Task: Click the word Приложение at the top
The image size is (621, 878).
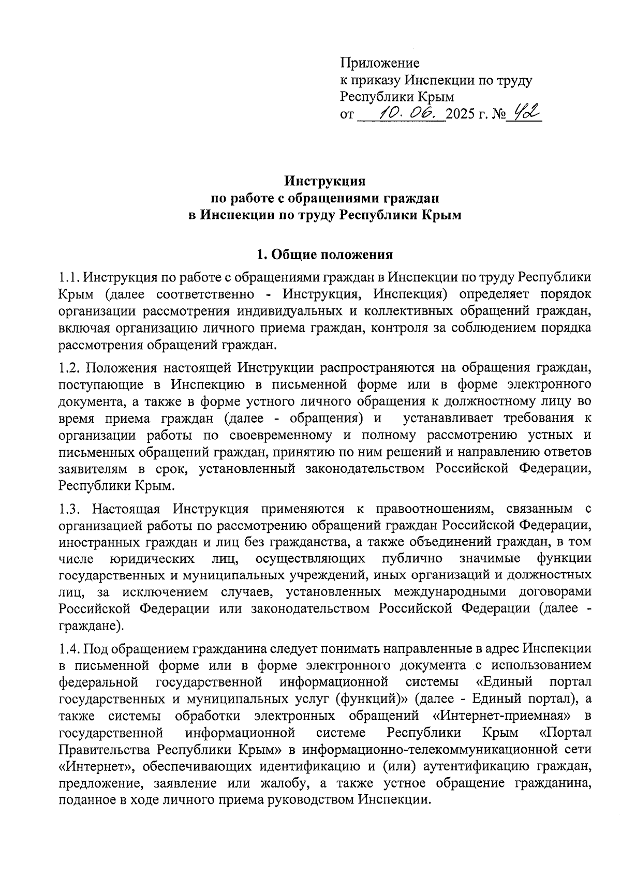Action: click(379, 63)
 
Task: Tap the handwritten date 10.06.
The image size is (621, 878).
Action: click(409, 112)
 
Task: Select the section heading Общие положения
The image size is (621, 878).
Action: click(332, 255)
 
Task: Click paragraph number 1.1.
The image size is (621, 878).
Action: click(69, 278)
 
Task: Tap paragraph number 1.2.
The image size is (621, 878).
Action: click(69, 368)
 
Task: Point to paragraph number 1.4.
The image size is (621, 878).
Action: click(69, 648)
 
